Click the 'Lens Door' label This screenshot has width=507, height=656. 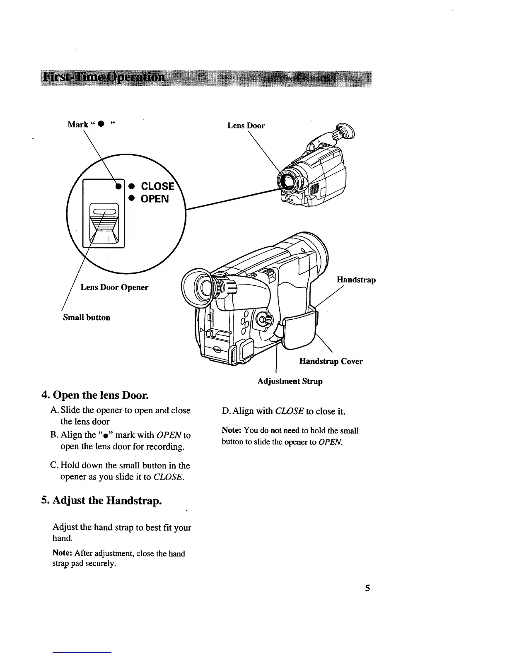[x=246, y=125]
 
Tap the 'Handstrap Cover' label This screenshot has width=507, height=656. [x=331, y=362]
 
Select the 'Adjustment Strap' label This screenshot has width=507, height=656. [x=290, y=381]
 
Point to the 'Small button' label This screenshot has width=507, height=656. [x=86, y=318]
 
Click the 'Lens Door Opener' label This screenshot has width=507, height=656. [x=114, y=287]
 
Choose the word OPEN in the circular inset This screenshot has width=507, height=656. [x=155, y=199]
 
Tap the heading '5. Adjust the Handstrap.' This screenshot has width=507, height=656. [x=101, y=500]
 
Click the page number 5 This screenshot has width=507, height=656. [x=367, y=588]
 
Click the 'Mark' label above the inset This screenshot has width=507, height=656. [x=78, y=124]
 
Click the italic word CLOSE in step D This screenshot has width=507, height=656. [x=290, y=411]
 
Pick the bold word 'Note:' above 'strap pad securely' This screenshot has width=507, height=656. [x=63, y=553]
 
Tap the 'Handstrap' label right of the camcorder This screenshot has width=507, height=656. [x=356, y=280]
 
